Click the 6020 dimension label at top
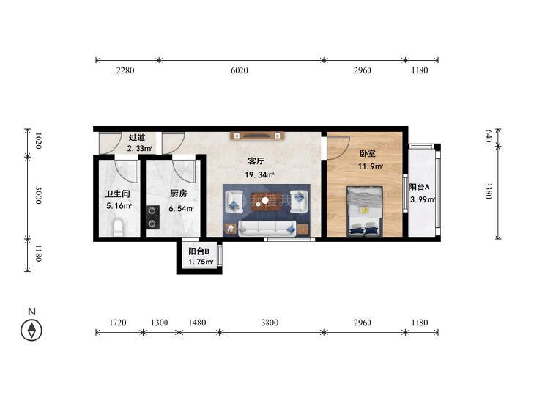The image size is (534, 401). point(239,70)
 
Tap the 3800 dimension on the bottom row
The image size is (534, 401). point(270,323)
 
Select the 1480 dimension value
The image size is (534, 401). point(197,323)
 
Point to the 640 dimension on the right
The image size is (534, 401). point(488,136)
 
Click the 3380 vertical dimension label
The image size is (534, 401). point(488,190)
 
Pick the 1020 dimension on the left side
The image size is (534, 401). point(38,140)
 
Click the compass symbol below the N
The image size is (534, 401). point(31,330)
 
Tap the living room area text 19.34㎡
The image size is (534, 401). point(259,175)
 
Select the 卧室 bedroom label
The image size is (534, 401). point(368,154)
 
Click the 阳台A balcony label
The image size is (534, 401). point(419,187)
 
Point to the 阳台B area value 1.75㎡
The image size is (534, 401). point(201,262)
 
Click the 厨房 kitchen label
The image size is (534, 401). point(179,194)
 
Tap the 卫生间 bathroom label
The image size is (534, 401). point(117,194)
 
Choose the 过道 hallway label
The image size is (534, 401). point(137,138)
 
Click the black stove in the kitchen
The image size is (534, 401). point(153,217)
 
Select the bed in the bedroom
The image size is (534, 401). point(365,211)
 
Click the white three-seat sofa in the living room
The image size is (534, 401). point(267,229)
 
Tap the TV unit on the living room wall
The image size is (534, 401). point(257,136)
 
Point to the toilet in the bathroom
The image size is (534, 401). point(118,228)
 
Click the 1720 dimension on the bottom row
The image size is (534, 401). point(117,323)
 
